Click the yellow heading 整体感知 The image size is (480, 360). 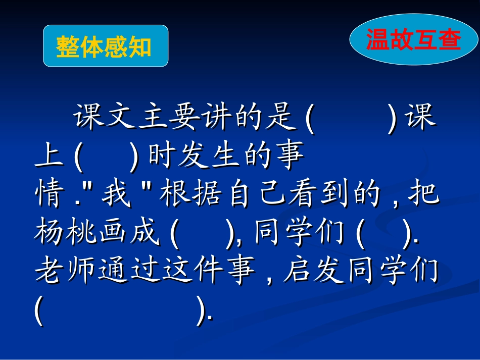tap(104, 46)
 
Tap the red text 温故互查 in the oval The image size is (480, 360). tap(413, 40)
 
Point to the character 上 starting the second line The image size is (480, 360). tap(49, 158)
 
